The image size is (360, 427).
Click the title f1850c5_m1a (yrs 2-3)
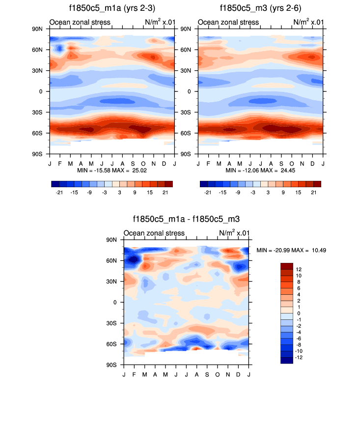click(112, 8)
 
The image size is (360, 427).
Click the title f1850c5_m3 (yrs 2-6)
click(260, 8)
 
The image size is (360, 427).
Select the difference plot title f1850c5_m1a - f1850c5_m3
click(186, 219)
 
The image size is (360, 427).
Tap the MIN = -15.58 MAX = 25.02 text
click(112, 170)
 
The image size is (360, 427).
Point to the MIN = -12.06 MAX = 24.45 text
click(260, 170)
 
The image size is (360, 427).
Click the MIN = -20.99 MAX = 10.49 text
click(292, 250)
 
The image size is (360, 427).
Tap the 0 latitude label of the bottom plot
click(115, 302)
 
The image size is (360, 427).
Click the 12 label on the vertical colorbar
click(299, 269)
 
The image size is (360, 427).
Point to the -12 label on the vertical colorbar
click(300, 357)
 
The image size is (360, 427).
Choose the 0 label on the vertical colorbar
click(298, 313)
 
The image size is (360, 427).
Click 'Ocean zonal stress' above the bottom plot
click(154, 233)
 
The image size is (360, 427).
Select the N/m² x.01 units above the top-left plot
click(159, 22)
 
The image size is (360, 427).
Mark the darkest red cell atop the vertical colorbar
click(286, 266)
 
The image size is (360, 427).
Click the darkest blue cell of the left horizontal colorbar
click(55, 184)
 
